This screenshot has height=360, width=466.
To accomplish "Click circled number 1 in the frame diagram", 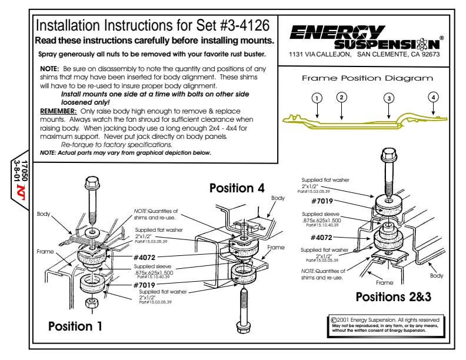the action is click(317, 98).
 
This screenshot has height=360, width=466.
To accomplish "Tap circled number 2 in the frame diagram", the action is click(341, 97).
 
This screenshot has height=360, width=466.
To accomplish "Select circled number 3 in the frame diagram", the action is click(389, 98).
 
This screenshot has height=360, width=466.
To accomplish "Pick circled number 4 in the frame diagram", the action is click(433, 97).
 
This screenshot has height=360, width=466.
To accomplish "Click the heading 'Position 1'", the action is click(75, 326).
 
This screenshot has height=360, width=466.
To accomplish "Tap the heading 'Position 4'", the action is click(237, 188).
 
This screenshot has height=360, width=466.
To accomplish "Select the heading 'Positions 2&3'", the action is click(394, 296).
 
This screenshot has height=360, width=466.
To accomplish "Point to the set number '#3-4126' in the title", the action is click(245, 25).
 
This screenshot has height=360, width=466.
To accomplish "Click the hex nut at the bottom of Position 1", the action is click(91, 304).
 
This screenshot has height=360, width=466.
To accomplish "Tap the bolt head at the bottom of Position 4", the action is click(243, 326).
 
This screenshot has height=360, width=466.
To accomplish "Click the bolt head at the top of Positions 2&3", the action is click(389, 154).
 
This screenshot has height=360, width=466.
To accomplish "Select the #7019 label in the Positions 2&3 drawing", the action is click(322, 201).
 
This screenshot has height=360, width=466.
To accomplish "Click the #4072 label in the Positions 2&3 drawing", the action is click(321, 238).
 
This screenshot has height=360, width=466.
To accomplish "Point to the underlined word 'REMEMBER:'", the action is click(59, 111).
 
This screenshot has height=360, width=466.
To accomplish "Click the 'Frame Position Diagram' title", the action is click(367, 78).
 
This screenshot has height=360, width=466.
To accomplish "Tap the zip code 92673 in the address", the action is click(430, 54).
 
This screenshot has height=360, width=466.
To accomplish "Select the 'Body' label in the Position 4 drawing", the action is click(278, 198).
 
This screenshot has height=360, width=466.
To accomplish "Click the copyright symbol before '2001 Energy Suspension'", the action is click(334, 320).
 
